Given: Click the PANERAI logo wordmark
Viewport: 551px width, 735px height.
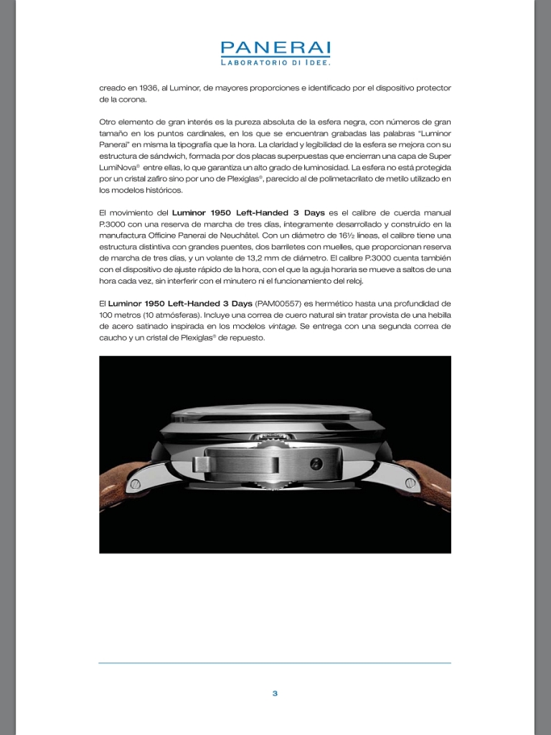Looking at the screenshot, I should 275,48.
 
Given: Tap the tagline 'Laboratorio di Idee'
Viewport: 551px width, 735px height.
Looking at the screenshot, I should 275,63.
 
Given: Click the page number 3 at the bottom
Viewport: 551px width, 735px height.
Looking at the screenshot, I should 275,693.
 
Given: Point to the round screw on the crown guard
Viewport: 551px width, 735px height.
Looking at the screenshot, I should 316,464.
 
